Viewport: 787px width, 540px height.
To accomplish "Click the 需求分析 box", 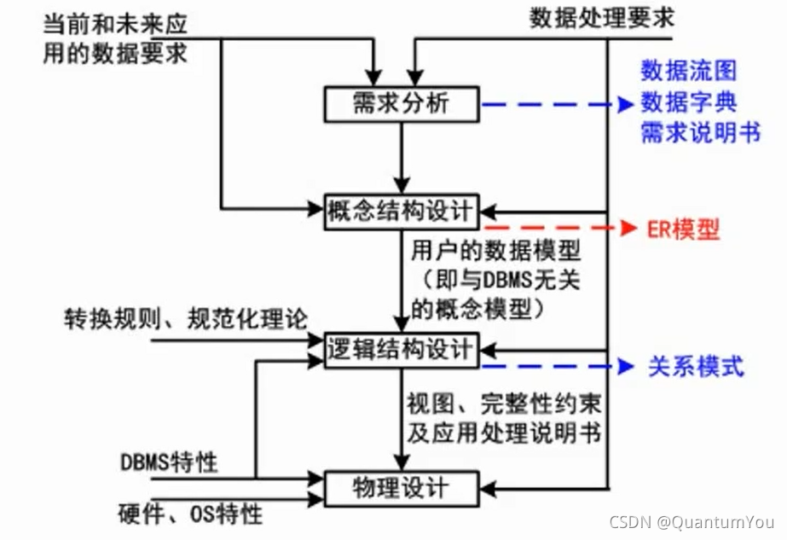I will (x=402, y=106).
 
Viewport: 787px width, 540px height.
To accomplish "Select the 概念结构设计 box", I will (x=402, y=210).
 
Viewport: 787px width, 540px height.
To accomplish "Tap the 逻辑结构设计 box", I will (x=402, y=348).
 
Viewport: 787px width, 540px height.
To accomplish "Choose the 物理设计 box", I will (x=401, y=488).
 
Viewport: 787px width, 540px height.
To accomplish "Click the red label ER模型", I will (x=681, y=229).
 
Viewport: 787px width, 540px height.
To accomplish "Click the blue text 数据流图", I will (x=688, y=71).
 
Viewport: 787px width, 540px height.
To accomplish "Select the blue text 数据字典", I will (x=688, y=102).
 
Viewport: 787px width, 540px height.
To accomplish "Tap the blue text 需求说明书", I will (x=700, y=133).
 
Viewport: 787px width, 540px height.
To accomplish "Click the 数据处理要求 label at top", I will (x=601, y=17).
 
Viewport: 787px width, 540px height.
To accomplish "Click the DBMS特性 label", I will (x=169, y=463).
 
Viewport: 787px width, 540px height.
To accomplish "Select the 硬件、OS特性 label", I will (x=191, y=514).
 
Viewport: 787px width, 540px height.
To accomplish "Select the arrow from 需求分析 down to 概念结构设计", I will (x=402, y=158).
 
